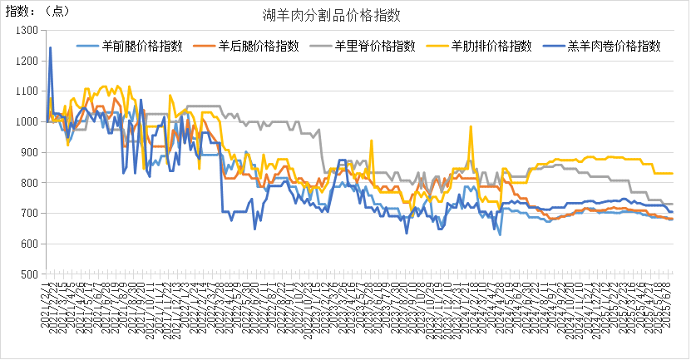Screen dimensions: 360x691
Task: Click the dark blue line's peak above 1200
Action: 50,47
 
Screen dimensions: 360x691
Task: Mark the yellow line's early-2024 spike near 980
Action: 471,127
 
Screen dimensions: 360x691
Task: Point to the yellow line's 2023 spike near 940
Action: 371,140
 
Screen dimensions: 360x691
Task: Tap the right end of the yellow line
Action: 672,173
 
